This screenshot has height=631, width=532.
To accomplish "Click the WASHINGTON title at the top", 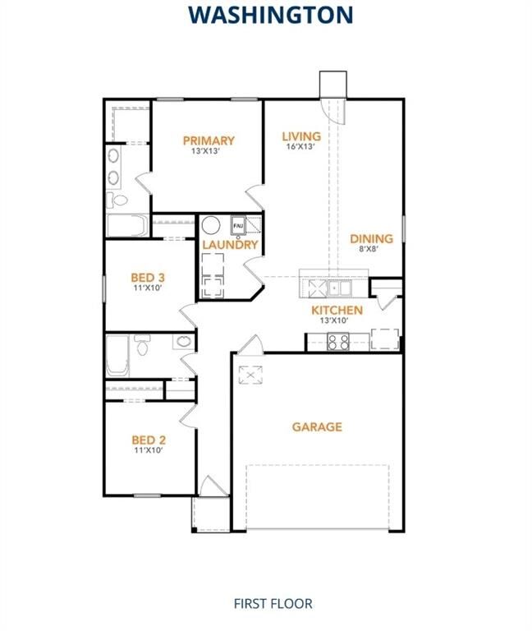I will pyautogui.click(x=270, y=15).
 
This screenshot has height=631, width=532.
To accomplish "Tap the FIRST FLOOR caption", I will pyautogui.click(x=272, y=604).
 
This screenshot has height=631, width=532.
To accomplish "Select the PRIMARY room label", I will pyautogui.click(x=209, y=140).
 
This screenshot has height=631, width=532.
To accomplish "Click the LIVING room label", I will pyautogui.click(x=300, y=136).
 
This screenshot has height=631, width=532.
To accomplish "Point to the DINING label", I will pyautogui.click(x=371, y=239).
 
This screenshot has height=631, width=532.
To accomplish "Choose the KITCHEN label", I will pyautogui.click(x=337, y=310).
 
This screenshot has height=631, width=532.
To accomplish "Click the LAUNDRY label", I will pyautogui.click(x=231, y=245).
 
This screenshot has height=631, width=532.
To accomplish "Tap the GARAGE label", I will pyautogui.click(x=317, y=426).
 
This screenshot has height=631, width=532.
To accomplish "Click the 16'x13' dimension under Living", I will pyautogui.click(x=300, y=146).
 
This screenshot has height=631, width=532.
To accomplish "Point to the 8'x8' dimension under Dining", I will pyautogui.click(x=371, y=249).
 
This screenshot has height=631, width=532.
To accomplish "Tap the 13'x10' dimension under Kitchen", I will pyautogui.click(x=337, y=320).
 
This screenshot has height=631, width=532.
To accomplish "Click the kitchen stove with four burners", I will pyautogui.click(x=339, y=342).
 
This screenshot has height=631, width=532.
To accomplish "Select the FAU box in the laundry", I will pyautogui.click(x=239, y=224).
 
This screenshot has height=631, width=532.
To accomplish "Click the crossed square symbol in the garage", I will pyautogui.click(x=249, y=375).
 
